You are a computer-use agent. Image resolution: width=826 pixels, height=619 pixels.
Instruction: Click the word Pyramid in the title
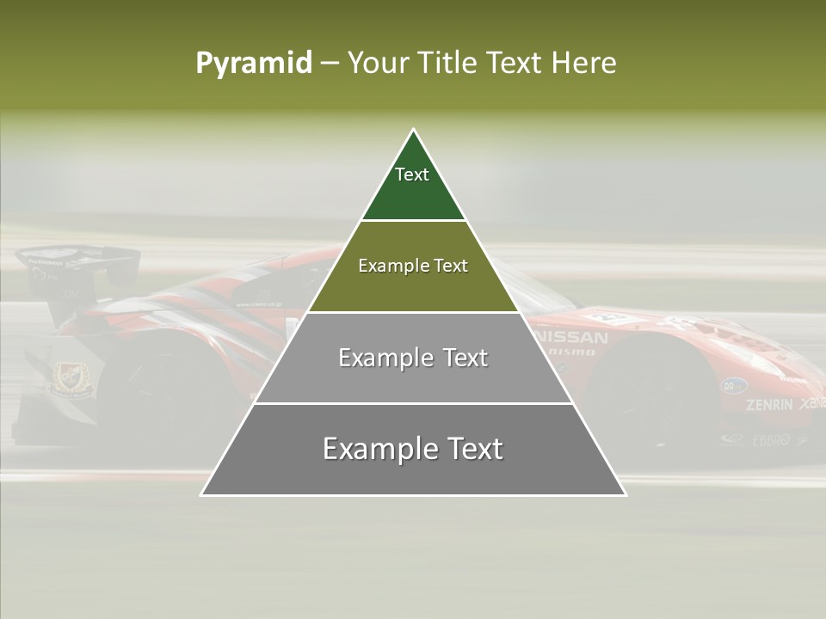[253, 64]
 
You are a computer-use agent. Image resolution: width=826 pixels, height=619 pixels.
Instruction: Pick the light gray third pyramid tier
[413, 378]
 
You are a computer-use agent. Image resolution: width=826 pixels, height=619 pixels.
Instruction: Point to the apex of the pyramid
[414, 131]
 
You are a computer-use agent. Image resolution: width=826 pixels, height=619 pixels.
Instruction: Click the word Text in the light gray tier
[465, 358]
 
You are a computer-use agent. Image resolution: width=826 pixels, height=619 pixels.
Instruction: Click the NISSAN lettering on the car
[572, 337]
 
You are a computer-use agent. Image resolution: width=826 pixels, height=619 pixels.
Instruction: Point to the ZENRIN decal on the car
[769, 404]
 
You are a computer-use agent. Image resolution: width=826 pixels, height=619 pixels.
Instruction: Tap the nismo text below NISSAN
[571, 352]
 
